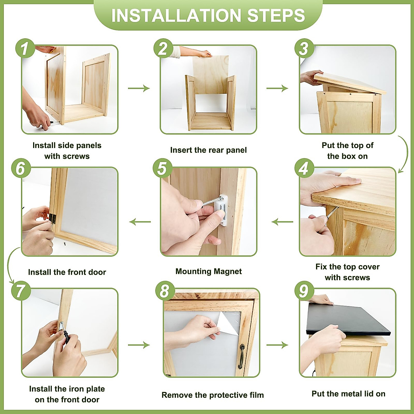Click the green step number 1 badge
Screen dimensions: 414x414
[x=25, y=48]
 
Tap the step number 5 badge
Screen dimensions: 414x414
[x=162, y=168]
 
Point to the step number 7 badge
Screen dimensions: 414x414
[x=21, y=291]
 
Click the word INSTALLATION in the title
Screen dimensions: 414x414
[x=176, y=15]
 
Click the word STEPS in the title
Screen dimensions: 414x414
[x=276, y=15]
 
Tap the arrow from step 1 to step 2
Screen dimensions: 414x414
[x=139, y=88]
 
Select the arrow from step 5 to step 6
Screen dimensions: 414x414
[x=140, y=222]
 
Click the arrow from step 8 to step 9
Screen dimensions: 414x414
[x=277, y=345]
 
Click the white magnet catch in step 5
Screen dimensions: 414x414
[x=221, y=210]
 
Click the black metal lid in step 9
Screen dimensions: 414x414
[x=348, y=320]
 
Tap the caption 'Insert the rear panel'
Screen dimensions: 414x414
[x=208, y=150]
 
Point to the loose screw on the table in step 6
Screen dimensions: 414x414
[x=65, y=244]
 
